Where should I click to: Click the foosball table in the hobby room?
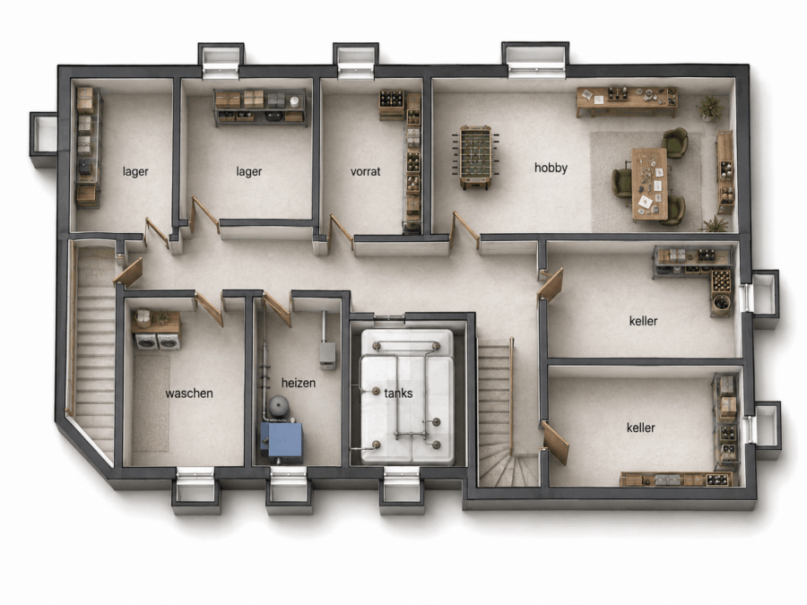click(475, 156)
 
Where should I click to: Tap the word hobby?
click(551, 169)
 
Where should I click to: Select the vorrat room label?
click(366, 171)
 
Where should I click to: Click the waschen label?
click(189, 393)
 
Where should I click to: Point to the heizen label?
click(299, 383)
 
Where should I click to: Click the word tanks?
click(398, 393)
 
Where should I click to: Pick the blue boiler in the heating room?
click(281, 440)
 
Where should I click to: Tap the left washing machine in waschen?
click(145, 341)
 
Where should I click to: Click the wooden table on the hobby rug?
click(649, 184)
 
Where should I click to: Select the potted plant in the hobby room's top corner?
click(710, 108)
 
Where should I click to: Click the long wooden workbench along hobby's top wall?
click(627, 100)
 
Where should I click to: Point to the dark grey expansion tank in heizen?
click(279, 407)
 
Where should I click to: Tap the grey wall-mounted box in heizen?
click(328, 354)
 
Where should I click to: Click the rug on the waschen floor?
click(151, 403)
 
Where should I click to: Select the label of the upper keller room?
click(643, 321)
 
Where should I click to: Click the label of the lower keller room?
click(641, 428)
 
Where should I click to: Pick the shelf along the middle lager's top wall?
click(260, 107)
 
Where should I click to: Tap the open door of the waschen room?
click(209, 307)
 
